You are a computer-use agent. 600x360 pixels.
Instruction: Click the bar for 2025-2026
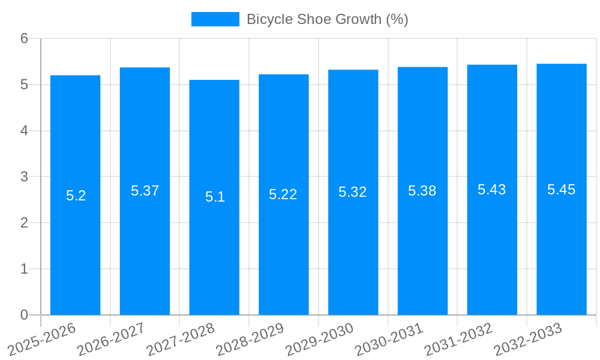76,195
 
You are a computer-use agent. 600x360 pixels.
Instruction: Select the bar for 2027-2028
214,197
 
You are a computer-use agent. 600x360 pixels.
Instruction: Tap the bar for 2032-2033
562,189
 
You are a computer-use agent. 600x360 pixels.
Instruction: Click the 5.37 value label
145,191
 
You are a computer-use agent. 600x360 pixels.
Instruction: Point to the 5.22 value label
283,194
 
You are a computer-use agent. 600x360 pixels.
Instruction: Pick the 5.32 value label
353,192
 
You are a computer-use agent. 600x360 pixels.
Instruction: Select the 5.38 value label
422,191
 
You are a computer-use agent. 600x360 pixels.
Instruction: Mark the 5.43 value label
492,190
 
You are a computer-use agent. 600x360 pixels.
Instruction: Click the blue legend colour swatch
215,19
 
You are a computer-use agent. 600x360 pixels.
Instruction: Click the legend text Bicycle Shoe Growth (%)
328,19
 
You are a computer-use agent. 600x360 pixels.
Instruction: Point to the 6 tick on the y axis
25,38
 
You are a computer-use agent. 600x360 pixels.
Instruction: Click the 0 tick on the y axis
25,315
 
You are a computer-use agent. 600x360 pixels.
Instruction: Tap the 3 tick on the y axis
25,177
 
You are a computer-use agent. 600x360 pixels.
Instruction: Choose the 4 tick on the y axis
25,131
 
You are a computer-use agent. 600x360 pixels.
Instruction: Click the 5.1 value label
215,197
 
